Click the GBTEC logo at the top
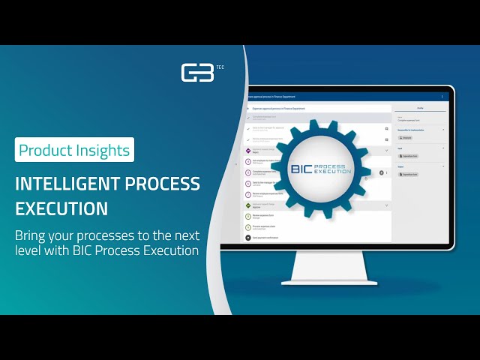[x=197, y=72]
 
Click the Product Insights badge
[x=74, y=150]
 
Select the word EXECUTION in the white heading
[x=61, y=208]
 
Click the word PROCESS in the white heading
[x=165, y=184]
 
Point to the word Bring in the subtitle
[x=32, y=234]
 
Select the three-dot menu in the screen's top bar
[x=442, y=96]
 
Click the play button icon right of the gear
[x=380, y=172]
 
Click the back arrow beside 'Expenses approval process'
[x=248, y=108]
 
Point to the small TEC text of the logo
[x=220, y=67]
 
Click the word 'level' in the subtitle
[x=29, y=250]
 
